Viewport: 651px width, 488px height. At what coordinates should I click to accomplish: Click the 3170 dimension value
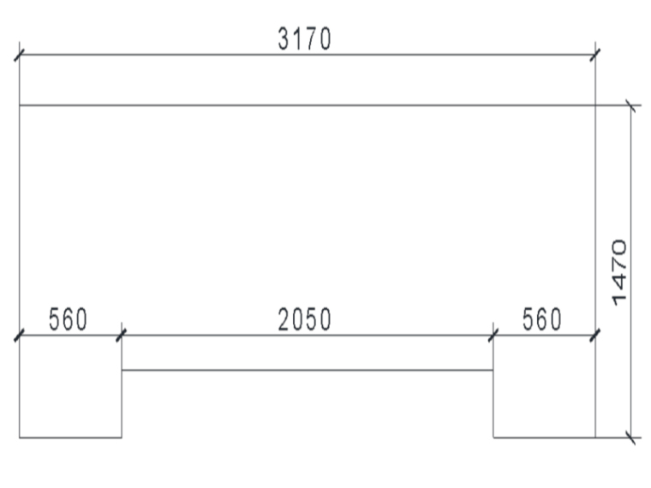(x=304, y=39)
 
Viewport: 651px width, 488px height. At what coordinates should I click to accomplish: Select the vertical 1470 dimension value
(x=622, y=271)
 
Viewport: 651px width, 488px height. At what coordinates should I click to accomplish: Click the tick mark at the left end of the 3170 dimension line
(x=19, y=56)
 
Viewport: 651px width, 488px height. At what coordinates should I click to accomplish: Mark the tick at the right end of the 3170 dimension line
(x=595, y=56)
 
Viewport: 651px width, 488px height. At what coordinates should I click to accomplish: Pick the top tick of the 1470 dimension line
(x=631, y=106)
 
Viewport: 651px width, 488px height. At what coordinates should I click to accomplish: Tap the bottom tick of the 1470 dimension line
(x=631, y=437)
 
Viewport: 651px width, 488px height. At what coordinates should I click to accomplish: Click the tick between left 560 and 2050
(x=121, y=335)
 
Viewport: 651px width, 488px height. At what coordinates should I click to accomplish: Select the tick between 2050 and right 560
(x=493, y=335)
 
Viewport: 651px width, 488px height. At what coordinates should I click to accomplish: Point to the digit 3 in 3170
(x=284, y=39)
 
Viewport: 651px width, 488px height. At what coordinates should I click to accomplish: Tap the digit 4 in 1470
(x=622, y=279)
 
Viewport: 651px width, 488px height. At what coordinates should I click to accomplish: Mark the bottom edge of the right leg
(x=544, y=437)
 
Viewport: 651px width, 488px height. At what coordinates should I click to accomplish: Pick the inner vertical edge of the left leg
(x=122, y=402)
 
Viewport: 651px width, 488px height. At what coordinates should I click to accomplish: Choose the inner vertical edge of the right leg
(x=493, y=402)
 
